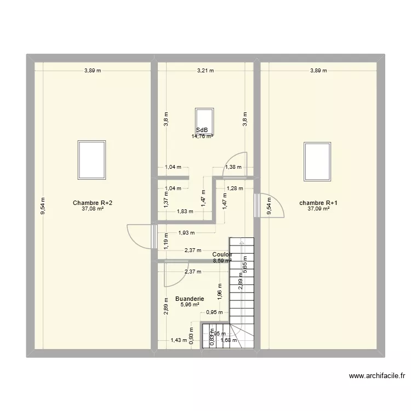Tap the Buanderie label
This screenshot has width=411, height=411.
190,299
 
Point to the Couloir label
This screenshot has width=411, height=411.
222,255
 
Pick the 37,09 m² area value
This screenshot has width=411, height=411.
318,209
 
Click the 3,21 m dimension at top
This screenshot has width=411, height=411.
206,70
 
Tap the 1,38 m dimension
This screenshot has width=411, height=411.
233,168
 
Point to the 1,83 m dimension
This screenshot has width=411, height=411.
184,212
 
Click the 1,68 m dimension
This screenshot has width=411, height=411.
229,340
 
